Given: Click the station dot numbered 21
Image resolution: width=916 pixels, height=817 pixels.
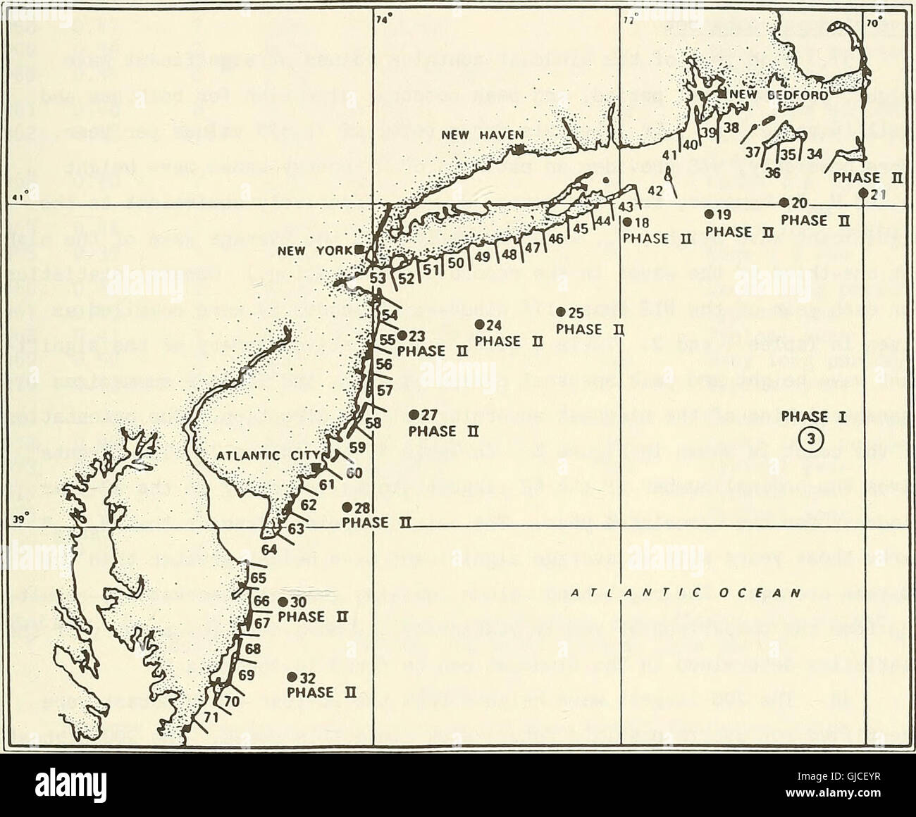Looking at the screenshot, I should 863,193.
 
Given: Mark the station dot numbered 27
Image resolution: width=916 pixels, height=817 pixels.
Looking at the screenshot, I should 414,413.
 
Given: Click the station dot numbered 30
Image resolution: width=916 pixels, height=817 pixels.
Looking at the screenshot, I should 282,601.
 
